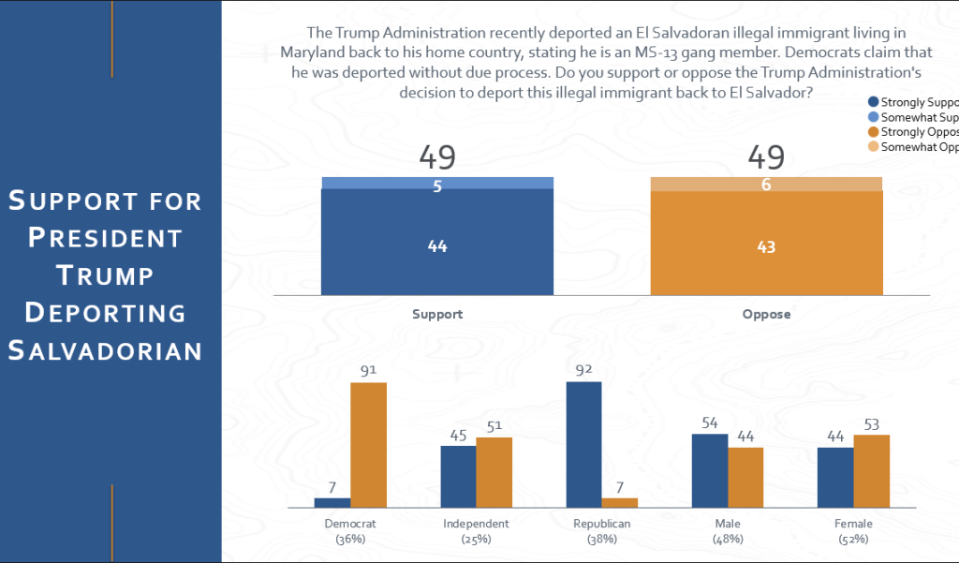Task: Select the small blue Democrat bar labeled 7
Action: (x=332, y=503)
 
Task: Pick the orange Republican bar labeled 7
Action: (x=619, y=503)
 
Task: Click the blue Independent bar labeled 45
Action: (x=458, y=477)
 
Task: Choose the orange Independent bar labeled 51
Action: (x=494, y=472)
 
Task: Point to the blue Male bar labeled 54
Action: (x=709, y=470)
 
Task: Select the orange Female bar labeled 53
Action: (x=871, y=471)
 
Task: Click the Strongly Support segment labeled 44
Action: (x=437, y=246)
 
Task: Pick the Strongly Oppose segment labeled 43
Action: (x=766, y=247)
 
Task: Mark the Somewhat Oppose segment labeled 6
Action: (x=766, y=185)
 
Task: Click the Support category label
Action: (x=437, y=314)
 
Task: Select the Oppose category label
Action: (x=766, y=314)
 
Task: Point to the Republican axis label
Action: (x=602, y=524)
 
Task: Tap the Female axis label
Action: (x=853, y=524)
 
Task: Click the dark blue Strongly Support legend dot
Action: (x=874, y=102)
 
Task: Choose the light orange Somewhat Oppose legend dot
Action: (x=874, y=147)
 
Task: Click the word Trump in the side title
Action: (x=105, y=274)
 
